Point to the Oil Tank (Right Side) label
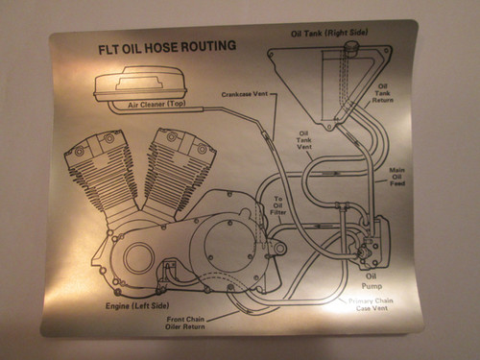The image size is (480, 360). (x=331, y=34)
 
